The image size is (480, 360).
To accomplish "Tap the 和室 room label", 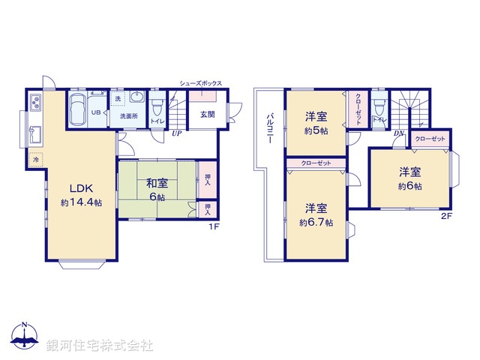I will click(x=157, y=182).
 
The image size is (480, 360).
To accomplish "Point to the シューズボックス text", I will click(x=200, y=83).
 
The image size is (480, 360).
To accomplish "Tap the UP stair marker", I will click(x=176, y=133).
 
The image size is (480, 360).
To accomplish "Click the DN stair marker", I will click(x=398, y=133).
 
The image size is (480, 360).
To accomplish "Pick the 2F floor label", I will click(x=446, y=218).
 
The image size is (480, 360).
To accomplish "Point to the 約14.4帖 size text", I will click(x=82, y=202).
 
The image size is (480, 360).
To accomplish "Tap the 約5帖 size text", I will click(x=315, y=130).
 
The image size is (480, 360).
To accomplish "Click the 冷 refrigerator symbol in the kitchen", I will click(x=36, y=160).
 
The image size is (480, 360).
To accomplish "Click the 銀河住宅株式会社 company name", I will click(x=99, y=346).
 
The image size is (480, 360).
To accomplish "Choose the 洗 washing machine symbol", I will click(x=117, y=99).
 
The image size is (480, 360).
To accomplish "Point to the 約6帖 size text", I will click(x=409, y=186).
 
